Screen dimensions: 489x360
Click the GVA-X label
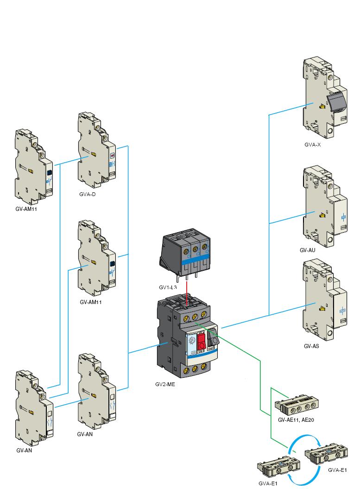pos(312,145)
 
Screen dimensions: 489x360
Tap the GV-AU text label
pos(307,250)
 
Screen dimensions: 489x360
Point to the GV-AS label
pos(312,346)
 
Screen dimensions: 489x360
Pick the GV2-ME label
pos(165,384)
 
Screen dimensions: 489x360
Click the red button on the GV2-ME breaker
pos(202,341)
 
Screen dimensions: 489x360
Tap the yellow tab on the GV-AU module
pos(322,215)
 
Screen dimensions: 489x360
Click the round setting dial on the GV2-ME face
pos(190,341)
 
